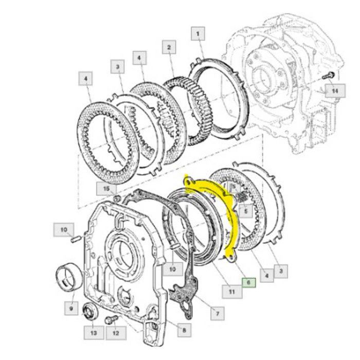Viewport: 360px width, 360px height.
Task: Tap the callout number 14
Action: (x=334, y=91)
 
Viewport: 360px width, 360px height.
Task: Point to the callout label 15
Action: (x=106, y=189)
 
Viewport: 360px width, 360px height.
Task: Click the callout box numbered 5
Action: (x=245, y=209)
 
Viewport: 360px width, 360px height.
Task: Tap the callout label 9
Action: (x=70, y=309)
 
